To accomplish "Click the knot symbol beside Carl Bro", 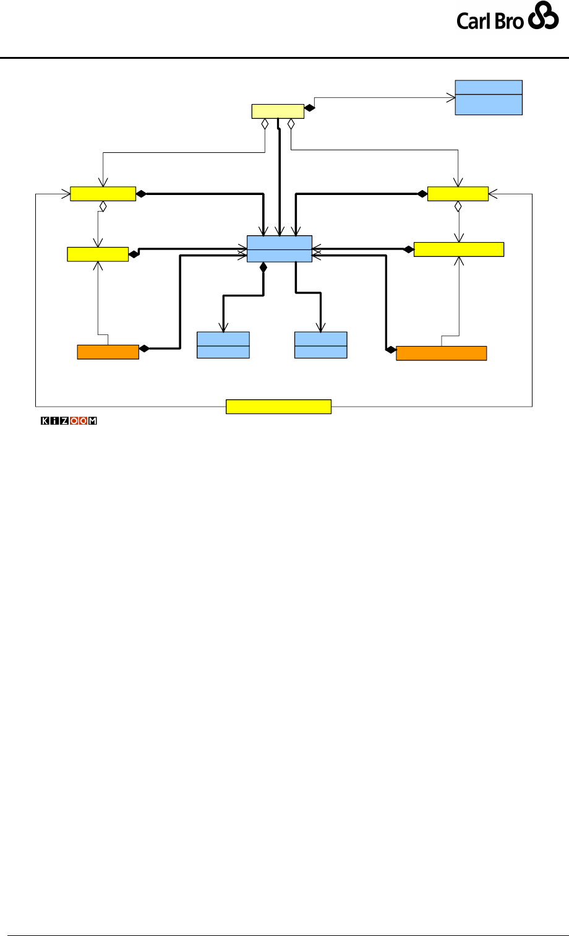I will [543, 19].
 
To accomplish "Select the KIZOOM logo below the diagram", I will [69, 422].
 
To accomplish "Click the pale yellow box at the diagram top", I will [278, 111].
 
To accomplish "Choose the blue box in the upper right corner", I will [489, 97].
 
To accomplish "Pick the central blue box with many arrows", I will [280, 249].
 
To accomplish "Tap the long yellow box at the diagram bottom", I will [278, 407].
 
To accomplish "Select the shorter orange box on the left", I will [108, 352].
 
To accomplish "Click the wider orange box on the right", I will [441, 353].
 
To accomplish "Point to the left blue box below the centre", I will [223, 345].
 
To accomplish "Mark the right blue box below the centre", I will [320, 345].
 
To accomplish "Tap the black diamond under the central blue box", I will [263, 267].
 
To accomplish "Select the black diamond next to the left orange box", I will [144, 349].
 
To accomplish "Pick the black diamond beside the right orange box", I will [390, 350].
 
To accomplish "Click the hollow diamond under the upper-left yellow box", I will [104, 206].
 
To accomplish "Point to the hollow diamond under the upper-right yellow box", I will [458, 206].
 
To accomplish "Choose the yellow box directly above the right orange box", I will [458, 249].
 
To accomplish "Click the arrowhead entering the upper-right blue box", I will [450, 97].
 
